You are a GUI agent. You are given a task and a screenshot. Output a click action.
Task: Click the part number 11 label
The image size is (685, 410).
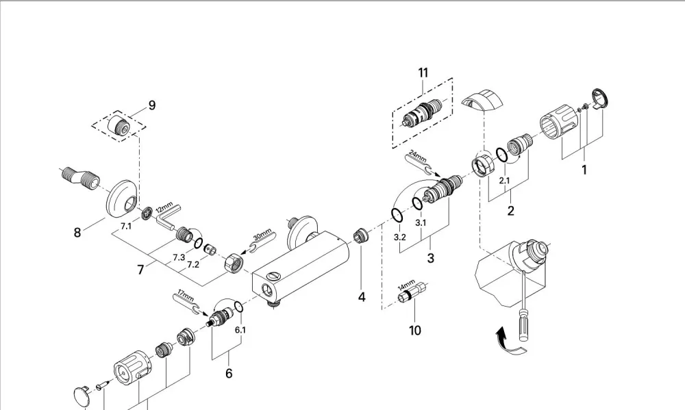pyautogui.click(x=423, y=73)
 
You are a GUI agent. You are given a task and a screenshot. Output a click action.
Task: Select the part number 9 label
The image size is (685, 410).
pyautogui.click(x=152, y=105)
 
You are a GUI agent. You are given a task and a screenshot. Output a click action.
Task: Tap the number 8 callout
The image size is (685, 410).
pyautogui.click(x=77, y=233)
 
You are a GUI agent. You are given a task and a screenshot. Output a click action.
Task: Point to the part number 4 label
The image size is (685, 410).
pyautogui.click(x=362, y=297)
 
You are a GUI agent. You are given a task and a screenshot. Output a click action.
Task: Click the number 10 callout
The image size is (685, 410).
pyautogui.click(x=415, y=331)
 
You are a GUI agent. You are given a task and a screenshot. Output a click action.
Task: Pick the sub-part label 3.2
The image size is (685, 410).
pyautogui.click(x=400, y=238)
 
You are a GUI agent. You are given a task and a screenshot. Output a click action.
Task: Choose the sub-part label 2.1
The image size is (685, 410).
pyautogui.click(x=505, y=180)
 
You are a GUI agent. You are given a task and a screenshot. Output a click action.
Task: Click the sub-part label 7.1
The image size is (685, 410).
pyautogui.click(x=126, y=226)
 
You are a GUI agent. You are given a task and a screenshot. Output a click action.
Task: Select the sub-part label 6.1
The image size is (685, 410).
pyautogui.click(x=240, y=330)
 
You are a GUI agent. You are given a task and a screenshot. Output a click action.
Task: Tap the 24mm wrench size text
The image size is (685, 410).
pyautogui.click(x=418, y=156)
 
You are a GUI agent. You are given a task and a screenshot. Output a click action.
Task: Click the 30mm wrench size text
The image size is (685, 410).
pyautogui.click(x=262, y=234)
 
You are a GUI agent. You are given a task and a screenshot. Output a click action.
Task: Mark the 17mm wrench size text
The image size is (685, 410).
pyautogui.click(x=186, y=295)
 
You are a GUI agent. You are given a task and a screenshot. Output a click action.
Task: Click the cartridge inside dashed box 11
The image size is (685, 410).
pyautogui.click(x=422, y=113)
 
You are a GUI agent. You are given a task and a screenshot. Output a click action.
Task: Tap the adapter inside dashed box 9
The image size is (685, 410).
pyautogui.click(x=119, y=125)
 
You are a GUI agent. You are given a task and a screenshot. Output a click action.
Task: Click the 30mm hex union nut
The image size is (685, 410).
pyautogui.click(x=234, y=263)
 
